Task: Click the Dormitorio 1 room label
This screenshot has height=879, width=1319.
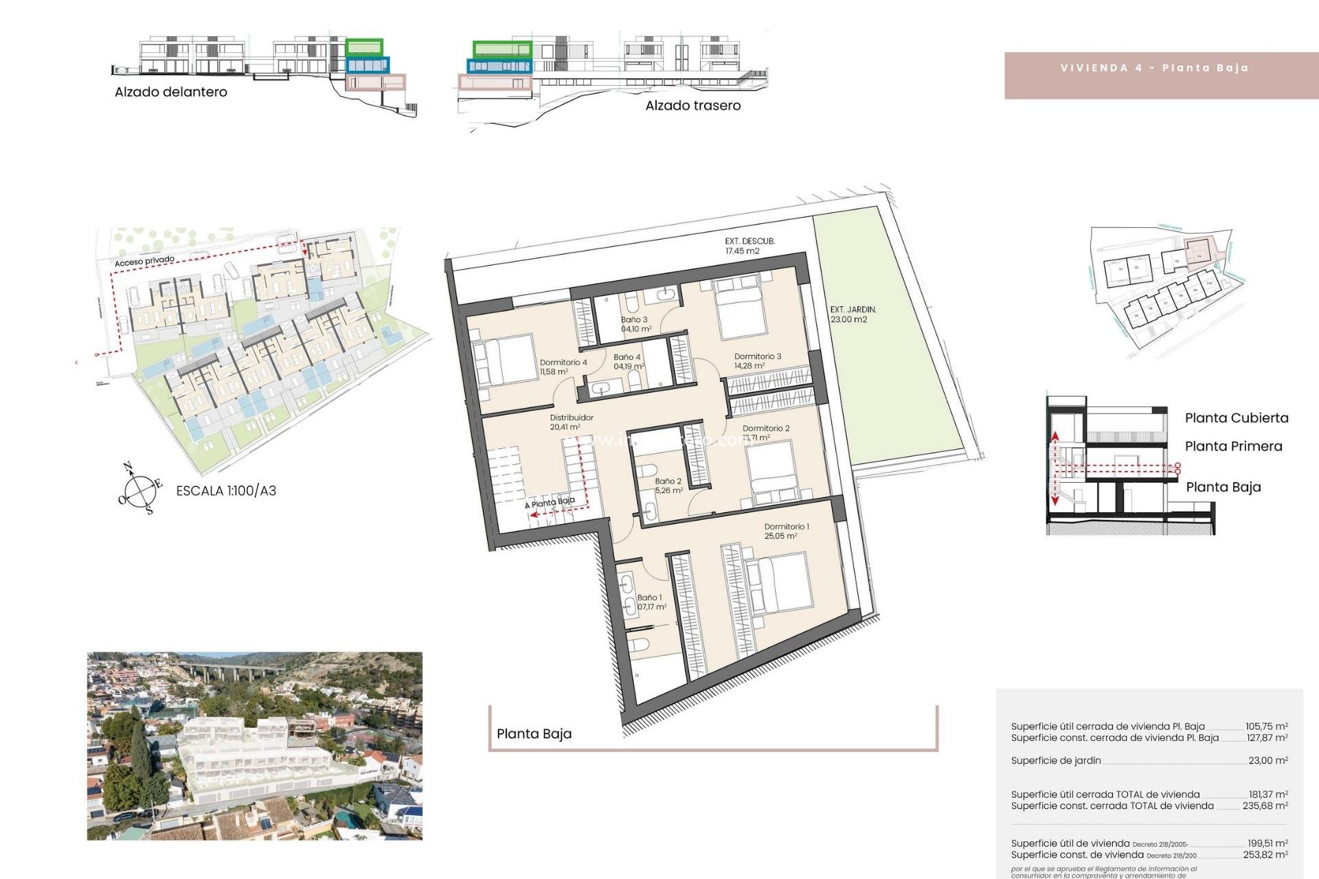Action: click(787, 531)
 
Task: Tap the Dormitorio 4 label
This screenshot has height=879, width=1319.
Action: click(563, 367)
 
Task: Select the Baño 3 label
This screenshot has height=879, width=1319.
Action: click(635, 324)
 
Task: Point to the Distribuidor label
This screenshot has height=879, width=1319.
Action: click(571, 422)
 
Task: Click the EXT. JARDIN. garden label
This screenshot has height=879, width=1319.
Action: click(853, 315)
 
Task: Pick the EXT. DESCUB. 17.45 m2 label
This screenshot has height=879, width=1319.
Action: click(749, 246)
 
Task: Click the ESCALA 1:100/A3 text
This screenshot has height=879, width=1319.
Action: click(226, 491)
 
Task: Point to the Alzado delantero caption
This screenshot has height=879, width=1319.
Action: click(170, 92)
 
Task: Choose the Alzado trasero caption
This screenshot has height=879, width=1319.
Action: click(692, 106)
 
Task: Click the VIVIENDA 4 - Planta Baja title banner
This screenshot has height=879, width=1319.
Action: click(1154, 68)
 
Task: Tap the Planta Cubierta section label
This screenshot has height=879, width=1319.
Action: click(1236, 418)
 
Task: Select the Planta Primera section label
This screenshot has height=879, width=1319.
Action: click(1233, 446)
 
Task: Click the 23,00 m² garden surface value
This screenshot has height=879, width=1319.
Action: click(1267, 760)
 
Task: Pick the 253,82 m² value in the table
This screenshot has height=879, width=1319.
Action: click(1265, 855)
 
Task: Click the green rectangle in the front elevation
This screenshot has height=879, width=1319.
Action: click(364, 47)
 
